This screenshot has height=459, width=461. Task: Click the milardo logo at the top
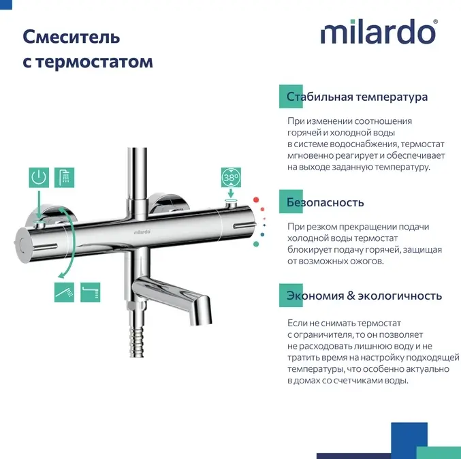379,32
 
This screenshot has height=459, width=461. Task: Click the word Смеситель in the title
71,37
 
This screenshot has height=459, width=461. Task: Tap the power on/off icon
39,178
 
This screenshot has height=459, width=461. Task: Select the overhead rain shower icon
65,178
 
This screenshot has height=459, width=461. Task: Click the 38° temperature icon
231,178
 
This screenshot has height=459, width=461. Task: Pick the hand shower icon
64,292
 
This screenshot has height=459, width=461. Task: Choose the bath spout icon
91,292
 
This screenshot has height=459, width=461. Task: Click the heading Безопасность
325,202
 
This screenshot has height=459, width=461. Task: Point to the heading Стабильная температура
357,97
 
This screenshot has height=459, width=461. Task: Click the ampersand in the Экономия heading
351,296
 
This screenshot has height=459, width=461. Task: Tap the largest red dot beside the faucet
256,200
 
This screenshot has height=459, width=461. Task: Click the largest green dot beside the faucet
256,244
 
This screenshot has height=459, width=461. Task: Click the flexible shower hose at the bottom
137,342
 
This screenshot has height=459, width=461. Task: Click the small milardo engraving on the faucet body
142,232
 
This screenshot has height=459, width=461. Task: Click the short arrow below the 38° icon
231,193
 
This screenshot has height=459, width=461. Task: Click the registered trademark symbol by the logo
435,22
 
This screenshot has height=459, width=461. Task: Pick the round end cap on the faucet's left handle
22,245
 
